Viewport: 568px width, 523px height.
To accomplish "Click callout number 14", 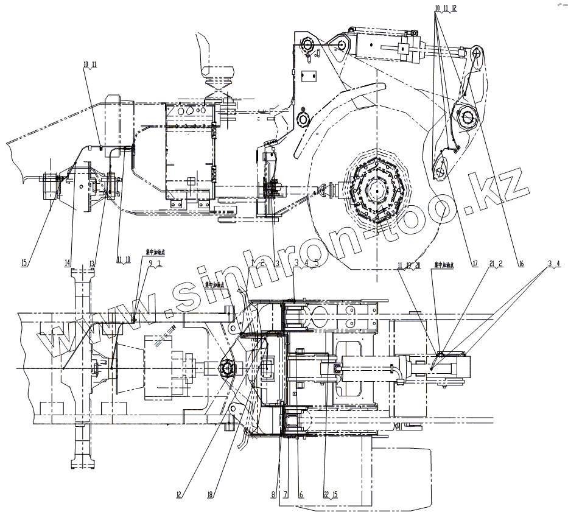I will coord(68,262).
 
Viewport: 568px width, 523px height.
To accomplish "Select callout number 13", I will coord(91,262).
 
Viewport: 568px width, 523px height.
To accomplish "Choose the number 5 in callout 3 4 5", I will coord(316,262).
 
